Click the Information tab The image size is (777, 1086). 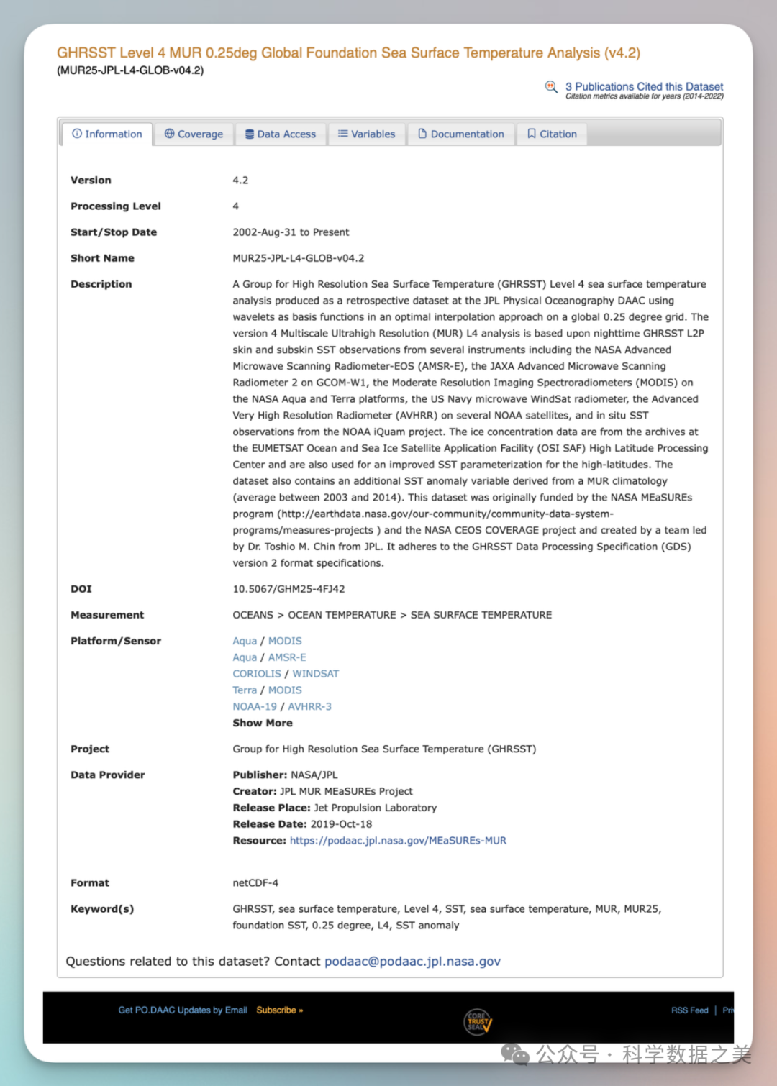pos(107,134)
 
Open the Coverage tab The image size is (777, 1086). pos(194,134)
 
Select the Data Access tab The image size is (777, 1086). pos(281,134)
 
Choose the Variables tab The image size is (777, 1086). pos(367,134)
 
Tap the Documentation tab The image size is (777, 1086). pos(461,134)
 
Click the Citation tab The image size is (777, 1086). pos(552,134)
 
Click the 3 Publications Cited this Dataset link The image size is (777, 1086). pos(644,86)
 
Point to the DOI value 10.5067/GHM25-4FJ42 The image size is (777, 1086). pos(288,589)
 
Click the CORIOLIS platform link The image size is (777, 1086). pos(257,674)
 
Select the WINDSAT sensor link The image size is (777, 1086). pos(315,674)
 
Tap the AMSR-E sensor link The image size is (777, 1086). pos(287,657)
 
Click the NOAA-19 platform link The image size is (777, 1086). pos(255,707)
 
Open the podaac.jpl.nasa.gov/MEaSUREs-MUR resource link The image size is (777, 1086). pos(398,841)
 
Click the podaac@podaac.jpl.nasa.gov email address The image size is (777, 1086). pos(412,962)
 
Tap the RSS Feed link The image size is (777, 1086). pos(689,1010)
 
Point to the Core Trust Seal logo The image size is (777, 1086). pos(478,1021)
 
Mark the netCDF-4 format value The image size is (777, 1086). pos(255,883)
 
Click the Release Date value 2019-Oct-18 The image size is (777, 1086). pos(341,824)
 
